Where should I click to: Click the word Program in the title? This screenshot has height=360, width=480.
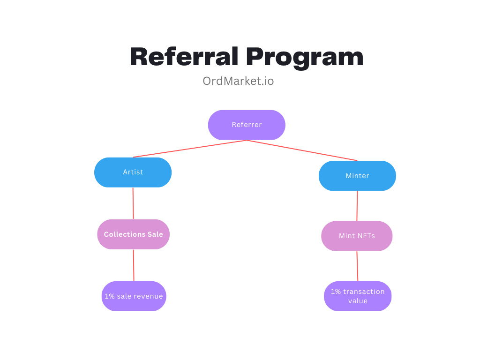(305, 58)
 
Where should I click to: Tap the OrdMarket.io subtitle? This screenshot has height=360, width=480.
(238, 81)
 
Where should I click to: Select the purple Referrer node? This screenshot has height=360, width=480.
(247, 125)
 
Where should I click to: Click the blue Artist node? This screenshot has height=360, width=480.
(133, 172)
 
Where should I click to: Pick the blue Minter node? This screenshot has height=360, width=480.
(357, 176)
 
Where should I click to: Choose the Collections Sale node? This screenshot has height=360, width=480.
(133, 234)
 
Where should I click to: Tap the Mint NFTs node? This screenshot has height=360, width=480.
(357, 236)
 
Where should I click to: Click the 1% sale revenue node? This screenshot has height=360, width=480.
(134, 296)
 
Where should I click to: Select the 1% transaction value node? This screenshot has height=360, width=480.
(358, 296)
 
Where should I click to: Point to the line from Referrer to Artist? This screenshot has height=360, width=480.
(190, 149)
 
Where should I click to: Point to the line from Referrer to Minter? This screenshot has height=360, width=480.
(302, 150)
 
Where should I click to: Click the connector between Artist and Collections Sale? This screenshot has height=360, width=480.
(133, 203)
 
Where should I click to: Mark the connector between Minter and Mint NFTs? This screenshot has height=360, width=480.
(357, 206)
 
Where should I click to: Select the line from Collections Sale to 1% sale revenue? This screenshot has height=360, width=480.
(134, 265)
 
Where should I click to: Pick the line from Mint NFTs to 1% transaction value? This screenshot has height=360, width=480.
(357, 266)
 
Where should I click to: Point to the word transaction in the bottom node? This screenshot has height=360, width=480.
(364, 292)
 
